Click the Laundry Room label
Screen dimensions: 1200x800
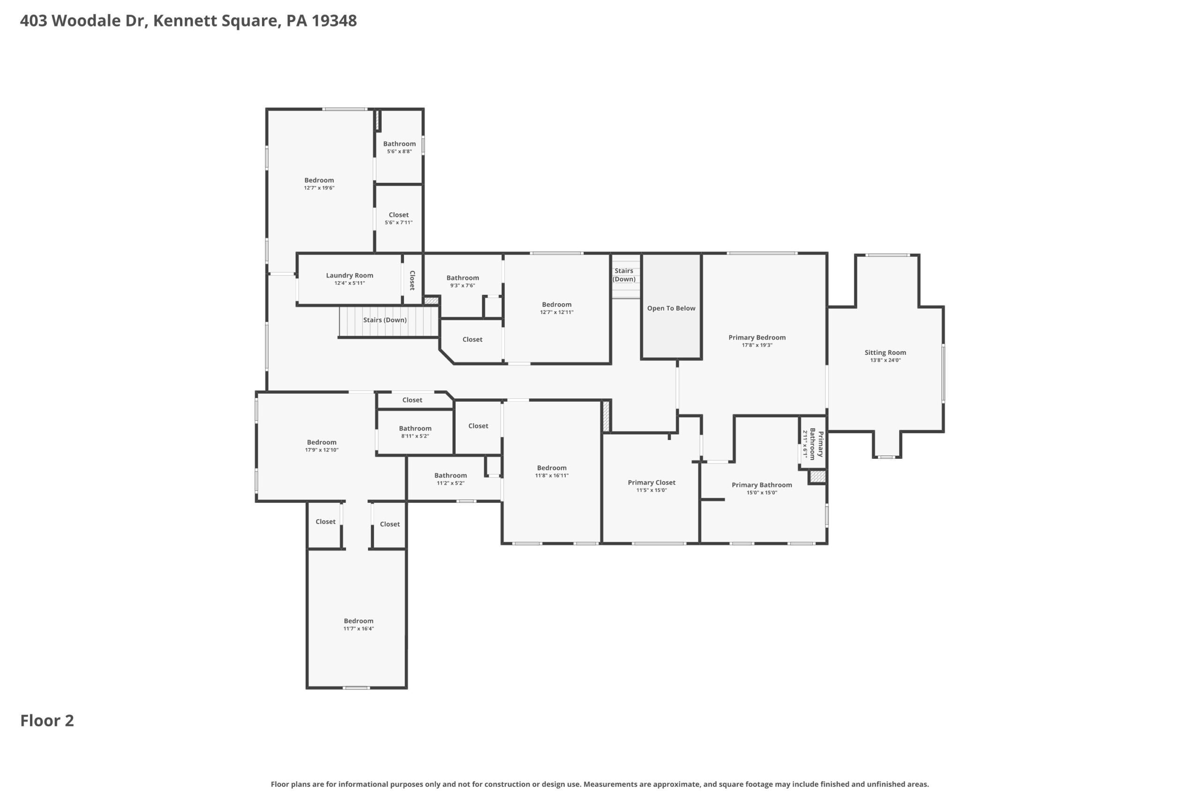tap(350, 276)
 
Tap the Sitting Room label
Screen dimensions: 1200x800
tap(885, 352)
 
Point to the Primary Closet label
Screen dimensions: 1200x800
tap(652, 483)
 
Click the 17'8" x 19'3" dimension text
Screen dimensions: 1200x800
tap(757, 345)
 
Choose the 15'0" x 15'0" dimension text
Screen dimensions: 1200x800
tap(762, 493)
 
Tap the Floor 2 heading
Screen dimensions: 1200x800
tap(47, 720)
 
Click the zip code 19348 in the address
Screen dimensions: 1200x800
tap(334, 21)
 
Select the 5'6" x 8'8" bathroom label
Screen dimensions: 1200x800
tap(399, 144)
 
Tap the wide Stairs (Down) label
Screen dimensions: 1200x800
tap(385, 320)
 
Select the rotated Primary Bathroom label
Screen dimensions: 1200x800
tap(816, 445)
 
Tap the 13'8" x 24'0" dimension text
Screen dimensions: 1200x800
tap(885, 360)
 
